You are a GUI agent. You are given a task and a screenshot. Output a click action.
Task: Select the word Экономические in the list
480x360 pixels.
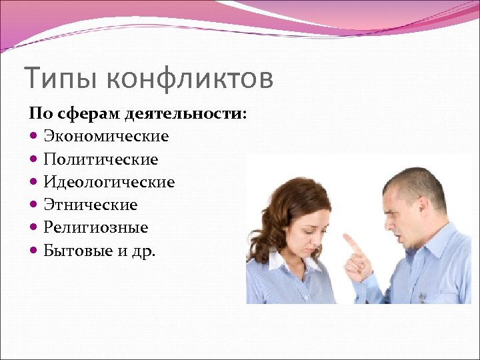click(x=106, y=137)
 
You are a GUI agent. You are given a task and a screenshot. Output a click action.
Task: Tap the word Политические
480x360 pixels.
click(x=101, y=160)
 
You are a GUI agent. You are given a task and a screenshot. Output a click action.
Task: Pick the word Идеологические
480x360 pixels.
click(x=109, y=182)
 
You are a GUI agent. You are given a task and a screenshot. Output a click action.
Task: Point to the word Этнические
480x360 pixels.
click(x=90, y=205)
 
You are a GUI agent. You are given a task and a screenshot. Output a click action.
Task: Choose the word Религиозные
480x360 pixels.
click(x=95, y=228)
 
